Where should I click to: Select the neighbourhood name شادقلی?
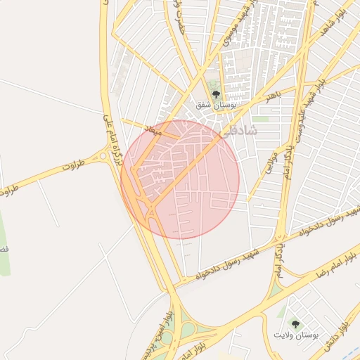pos(240,131)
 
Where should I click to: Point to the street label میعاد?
pos(153,131)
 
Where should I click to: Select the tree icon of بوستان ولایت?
pos(295,323)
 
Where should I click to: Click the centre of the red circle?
pos(180,179)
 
